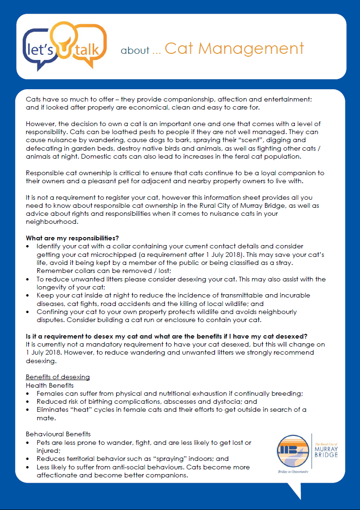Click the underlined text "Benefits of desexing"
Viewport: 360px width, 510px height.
pyautogui.click(x=58, y=377)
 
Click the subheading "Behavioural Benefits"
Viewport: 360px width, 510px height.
pyautogui.click(x=58, y=434)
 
